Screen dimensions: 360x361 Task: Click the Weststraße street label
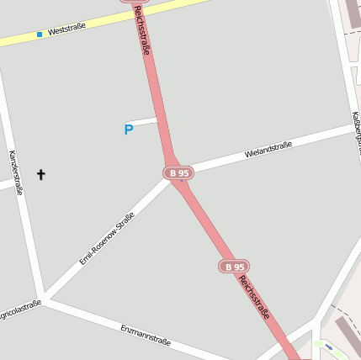coord(67,30)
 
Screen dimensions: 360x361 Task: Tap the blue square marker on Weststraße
coord(40,34)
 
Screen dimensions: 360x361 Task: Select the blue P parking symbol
coord(129,130)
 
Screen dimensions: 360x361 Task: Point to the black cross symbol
coord(40,174)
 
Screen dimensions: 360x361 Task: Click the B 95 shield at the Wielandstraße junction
coord(178,172)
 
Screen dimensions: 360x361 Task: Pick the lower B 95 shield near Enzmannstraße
coord(235,266)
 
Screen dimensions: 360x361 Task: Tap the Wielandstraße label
coord(268,150)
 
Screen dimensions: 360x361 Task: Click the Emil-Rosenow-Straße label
coord(107,239)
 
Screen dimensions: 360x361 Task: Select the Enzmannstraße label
coord(145,335)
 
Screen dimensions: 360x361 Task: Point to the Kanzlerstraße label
coord(14,172)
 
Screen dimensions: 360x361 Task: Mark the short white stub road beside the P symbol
coord(145,122)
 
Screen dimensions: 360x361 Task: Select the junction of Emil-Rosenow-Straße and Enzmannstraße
coord(45,298)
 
